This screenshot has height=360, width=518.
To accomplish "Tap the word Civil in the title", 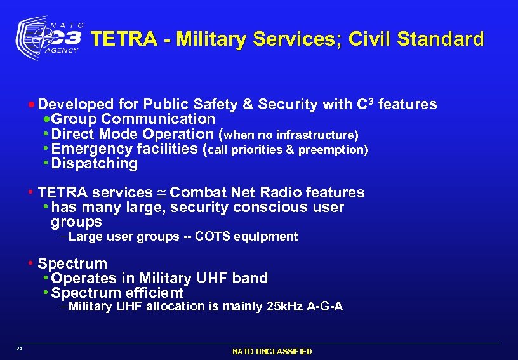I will pyautogui.click(x=359, y=39).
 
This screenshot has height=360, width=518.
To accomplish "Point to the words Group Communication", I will pyautogui.click(x=133, y=119).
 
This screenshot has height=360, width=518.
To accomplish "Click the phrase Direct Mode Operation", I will pyautogui.click(x=133, y=135).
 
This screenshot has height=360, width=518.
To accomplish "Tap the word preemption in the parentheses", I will pyautogui.click(x=333, y=150).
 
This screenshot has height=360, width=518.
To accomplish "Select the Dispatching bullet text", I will pyautogui.click(x=95, y=164).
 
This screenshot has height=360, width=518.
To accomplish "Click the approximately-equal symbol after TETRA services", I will pyautogui.click(x=161, y=193).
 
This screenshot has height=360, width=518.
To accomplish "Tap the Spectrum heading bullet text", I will pyautogui.click(x=72, y=263).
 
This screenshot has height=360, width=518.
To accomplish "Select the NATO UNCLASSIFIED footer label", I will pyautogui.click(x=272, y=352).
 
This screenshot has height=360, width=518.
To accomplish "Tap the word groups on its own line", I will pyautogui.click(x=76, y=222).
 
